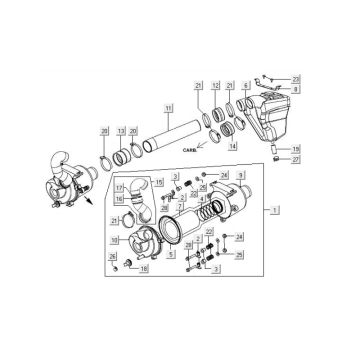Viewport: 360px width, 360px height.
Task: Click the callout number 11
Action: coord(169,107)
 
